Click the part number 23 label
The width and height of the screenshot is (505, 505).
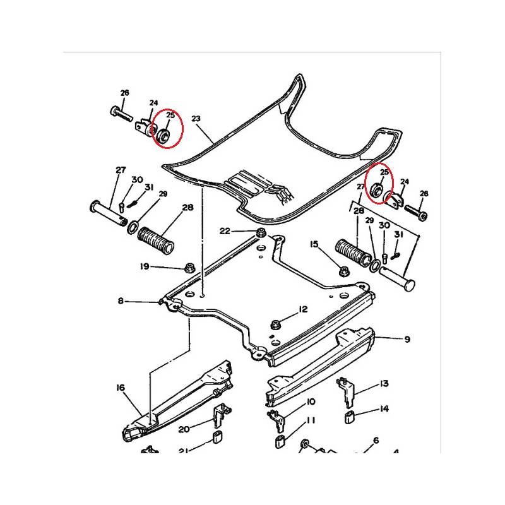pos(196,119)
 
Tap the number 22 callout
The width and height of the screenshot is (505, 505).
pos(225,231)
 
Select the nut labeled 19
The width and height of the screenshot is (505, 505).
pos(187,267)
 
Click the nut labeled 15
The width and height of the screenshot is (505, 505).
pos(343,271)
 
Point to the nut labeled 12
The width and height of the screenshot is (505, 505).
pos(275,324)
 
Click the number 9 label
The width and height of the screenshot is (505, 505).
pos(407,339)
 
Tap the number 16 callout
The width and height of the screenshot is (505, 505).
pos(121,388)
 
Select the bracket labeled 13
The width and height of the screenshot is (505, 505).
pos(346,392)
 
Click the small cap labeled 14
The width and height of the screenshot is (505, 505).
pos(349,417)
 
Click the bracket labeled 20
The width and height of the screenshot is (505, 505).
pos(221,415)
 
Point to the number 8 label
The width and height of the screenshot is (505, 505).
pos(121,301)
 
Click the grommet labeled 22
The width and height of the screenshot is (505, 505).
pos(261,232)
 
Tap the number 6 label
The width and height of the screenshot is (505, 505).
pos(376,440)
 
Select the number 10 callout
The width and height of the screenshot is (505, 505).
pos(311,402)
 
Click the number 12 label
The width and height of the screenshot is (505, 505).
pos(303,309)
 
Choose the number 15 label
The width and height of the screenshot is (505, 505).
pos(314,244)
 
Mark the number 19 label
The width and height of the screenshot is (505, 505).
pos(145,266)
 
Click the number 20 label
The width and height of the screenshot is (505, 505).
pos(184,429)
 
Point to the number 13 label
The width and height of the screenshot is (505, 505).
pos(384,384)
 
